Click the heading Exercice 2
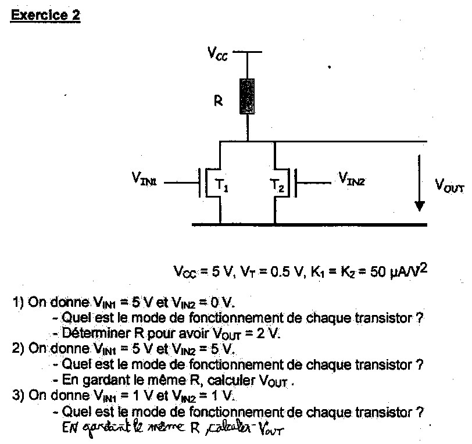pos(45,16)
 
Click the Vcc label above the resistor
pos(219,54)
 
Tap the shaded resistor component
pos(248,96)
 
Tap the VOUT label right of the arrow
pos(449,185)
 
